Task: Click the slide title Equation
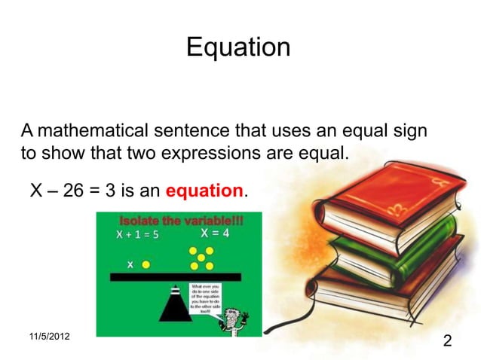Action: (237, 47)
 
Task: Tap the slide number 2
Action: (448, 343)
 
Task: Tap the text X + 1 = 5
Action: (136, 234)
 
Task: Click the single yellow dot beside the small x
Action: (146, 264)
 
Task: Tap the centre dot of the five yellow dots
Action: (201, 258)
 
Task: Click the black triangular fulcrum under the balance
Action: (174, 304)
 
